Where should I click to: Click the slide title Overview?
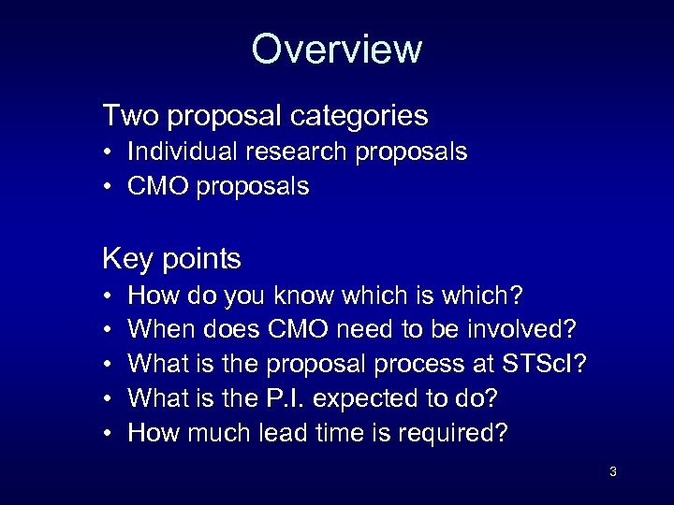click(x=337, y=49)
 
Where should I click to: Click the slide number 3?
click(x=612, y=471)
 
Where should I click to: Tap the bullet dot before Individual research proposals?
click(x=109, y=152)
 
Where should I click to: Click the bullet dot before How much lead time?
click(x=109, y=433)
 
